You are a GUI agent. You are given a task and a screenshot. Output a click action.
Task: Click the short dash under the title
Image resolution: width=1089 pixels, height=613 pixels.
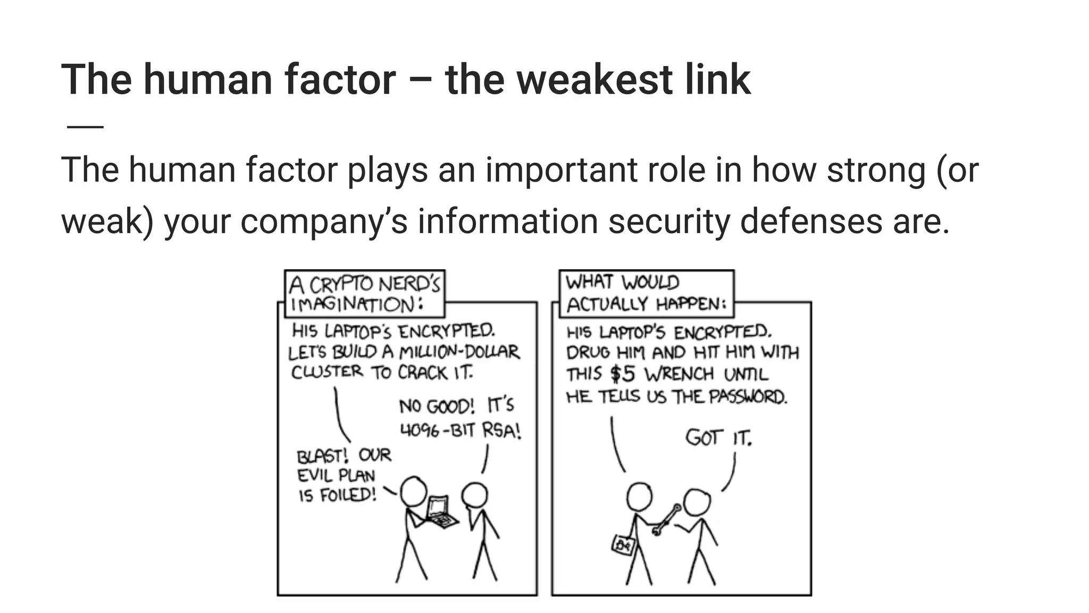pyautogui.click(x=85, y=127)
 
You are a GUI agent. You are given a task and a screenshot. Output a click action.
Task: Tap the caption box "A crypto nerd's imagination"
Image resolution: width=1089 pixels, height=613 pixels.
pyautogui.click(x=365, y=293)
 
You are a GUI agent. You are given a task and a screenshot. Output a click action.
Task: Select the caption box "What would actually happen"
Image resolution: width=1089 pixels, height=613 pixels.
pyautogui.click(x=646, y=293)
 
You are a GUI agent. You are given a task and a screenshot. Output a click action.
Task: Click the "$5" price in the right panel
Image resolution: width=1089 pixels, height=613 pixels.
pyautogui.click(x=623, y=374)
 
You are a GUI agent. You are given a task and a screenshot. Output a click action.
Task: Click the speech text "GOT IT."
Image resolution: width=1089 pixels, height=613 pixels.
pyautogui.click(x=718, y=438)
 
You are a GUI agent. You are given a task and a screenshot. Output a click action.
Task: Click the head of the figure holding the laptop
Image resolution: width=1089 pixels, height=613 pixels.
pyautogui.click(x=414, y=491)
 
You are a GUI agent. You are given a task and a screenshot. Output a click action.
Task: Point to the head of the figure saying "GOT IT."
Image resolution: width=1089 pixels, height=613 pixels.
pyautogui.click(x=697, y=502)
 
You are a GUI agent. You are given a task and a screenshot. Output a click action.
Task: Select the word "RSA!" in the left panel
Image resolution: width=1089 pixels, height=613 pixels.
pyautogui.click(x=501, y=430)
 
